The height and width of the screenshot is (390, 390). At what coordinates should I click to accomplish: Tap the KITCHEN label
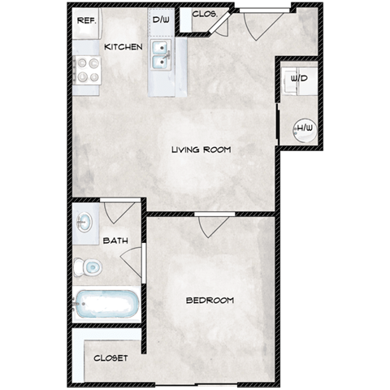pyautogui.click(x=124, y=47)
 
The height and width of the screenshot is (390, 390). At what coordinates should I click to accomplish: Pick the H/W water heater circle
pyautogui.click(x=304, y=127)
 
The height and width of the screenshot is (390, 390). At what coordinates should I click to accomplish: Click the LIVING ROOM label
pyautogui.click(x=201, y=149)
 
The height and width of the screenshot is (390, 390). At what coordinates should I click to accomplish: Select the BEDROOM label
pyautogui.click(x=210, y=300)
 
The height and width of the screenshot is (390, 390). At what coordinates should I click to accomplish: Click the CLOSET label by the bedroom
pyautogui.click(x=110, y=357)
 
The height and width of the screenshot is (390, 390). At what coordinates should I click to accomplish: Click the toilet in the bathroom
pyautogui.click(x=87, y=266)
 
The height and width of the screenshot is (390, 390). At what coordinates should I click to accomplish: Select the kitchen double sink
pyautogui.click(x=163, y=56)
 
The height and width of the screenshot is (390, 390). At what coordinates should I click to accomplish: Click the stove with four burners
pyautogui.click(x=87, y=71)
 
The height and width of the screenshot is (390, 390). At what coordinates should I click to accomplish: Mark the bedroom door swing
pyautogui.click(x=210, y=225)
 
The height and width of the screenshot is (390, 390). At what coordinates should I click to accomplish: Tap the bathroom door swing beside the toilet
pyautogui.click(x=132, y=262)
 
